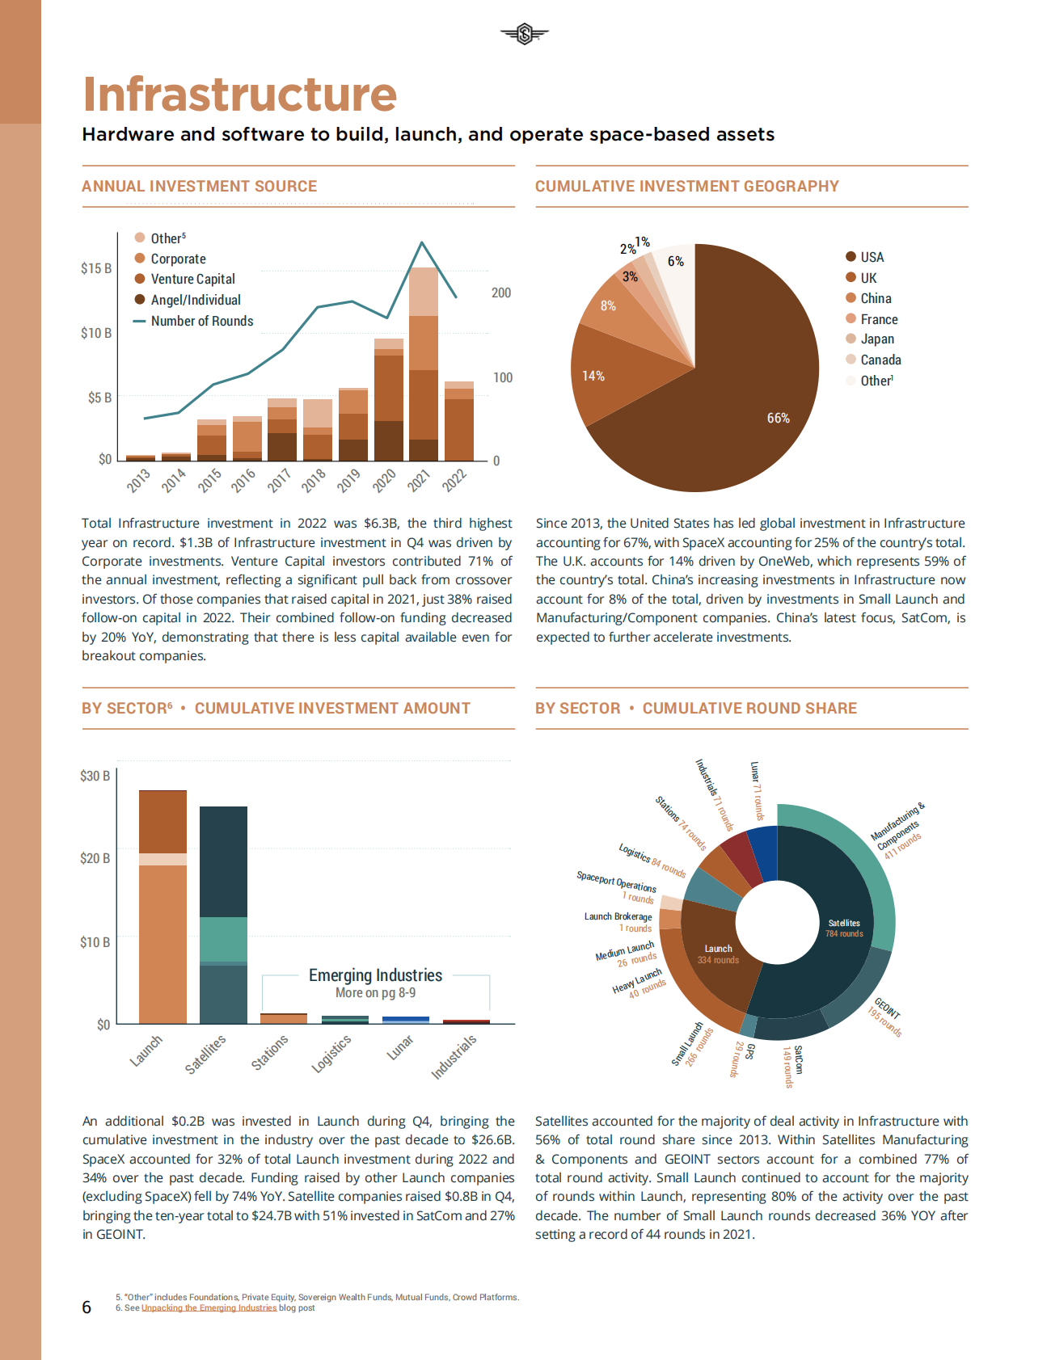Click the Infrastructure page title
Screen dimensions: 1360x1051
(x=240, y=95)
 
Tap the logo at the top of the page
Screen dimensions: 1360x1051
(x=524, y=34)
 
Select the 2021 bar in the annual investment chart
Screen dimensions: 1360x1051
(x=423, y=364)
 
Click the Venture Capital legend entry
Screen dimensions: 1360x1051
(x=192, y=279)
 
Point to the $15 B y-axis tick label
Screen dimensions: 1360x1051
(x=96, y=268)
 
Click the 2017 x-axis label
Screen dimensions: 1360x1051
(x=278, y=481)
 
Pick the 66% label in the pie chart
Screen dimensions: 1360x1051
(x=778, y=418)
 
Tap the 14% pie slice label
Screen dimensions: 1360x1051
(x=593, y=376)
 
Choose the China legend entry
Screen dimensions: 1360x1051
(x=876, y=298)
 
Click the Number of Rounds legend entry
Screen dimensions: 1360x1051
(x=201, y=321)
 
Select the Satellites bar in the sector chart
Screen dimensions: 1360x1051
(x=223, y=915)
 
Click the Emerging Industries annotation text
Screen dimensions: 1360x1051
(x=375, y=975)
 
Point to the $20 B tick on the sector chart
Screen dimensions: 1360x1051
(x=95, y=858)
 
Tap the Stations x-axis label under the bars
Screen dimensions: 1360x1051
(x=269, y=1053)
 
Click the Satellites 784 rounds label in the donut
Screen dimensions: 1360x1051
(x=844, y=928)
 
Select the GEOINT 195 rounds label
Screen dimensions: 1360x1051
(x=886, y=1017)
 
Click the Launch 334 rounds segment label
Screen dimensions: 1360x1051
(x=718, y=954)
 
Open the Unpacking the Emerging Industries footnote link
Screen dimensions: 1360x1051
(x=209, y=1307)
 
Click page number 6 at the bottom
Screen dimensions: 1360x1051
(x=87, y=1307)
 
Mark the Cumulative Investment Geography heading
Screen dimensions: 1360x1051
(x=686, y=187)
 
